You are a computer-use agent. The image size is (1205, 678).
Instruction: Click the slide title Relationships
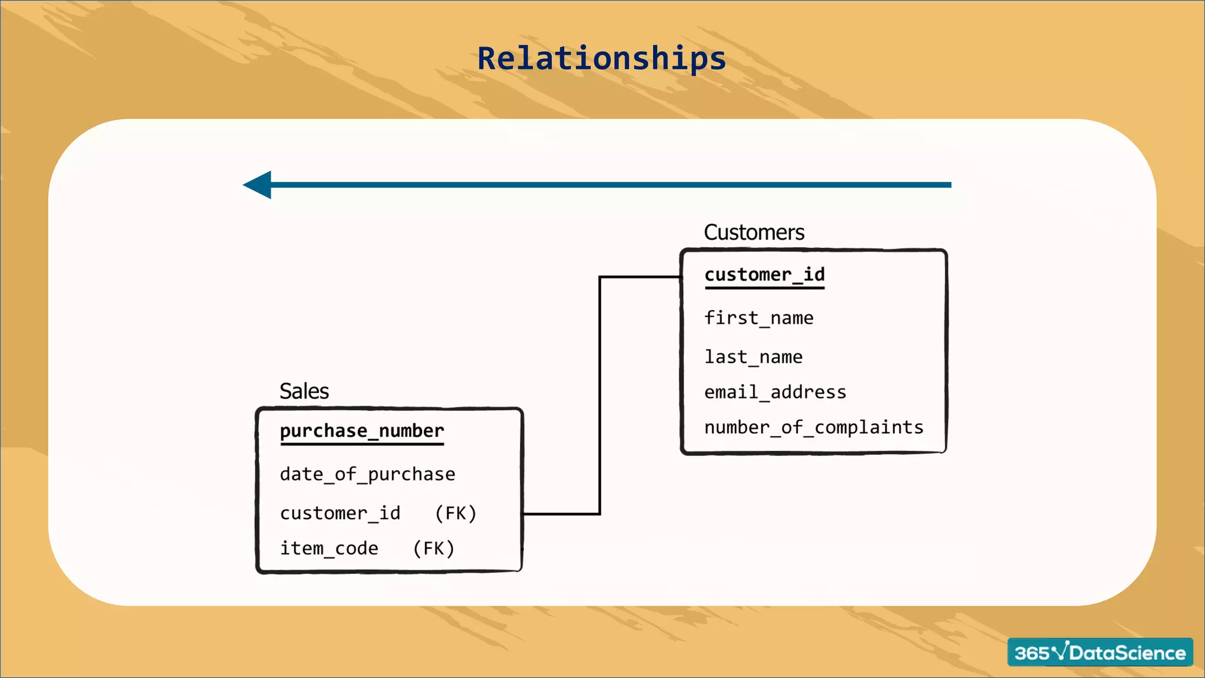[601, 58]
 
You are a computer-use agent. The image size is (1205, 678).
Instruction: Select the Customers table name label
[754, 232]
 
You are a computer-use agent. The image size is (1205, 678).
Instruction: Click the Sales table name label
[304, 391]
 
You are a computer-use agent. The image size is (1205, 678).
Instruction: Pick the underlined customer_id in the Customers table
[764, 275]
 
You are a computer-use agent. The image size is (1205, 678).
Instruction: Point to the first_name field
[758, 318]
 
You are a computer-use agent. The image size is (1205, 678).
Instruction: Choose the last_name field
[753, 357]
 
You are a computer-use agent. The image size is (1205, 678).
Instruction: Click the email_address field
[775, 393]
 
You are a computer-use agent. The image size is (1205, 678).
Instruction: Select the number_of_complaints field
[814, 427]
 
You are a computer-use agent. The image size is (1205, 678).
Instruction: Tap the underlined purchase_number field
[362, 431]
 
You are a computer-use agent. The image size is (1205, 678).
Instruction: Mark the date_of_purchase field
[367, 474]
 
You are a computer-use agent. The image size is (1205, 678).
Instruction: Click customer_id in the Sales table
[340, 513]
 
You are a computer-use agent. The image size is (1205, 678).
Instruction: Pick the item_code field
[329, 549]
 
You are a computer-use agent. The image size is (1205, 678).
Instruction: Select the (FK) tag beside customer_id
[455, 513]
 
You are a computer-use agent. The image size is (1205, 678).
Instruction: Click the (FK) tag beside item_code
[434, 549]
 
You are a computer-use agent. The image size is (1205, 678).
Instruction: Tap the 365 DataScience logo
[1100, 652]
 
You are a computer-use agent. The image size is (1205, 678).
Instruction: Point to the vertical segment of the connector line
[600, 394]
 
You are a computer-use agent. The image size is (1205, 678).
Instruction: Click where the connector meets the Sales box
[524, 514]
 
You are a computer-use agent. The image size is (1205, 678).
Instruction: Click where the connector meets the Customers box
[681, 277]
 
